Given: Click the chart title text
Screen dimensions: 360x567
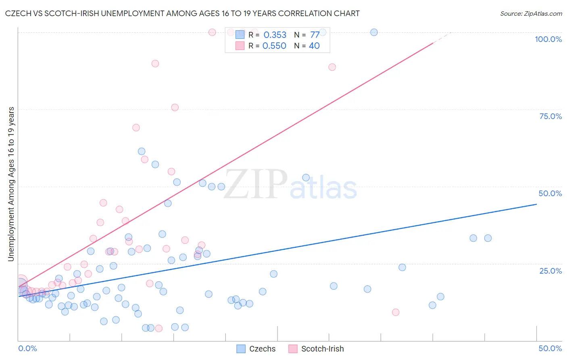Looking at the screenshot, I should click(x=182, y=13).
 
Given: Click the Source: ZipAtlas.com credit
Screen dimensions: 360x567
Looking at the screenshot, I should click(x=531, y=13).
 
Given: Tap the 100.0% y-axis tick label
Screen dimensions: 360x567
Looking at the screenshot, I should click(x=548, y=39).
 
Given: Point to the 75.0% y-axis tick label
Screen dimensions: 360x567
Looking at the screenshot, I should click(x=550, y=116).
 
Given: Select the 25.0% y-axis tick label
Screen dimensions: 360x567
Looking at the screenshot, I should click(x=550, y=270).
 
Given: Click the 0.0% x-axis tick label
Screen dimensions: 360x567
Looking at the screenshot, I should click(x=27, y=348).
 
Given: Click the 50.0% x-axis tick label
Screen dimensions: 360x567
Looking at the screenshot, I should click(x=550, y=348).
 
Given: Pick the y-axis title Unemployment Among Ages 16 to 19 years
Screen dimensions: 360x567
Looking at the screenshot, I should click(x=11, y=184).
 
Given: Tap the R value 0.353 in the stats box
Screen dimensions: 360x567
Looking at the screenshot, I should click(x=275, y=35).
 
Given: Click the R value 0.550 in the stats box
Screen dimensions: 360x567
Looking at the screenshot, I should click(x=274, y=46).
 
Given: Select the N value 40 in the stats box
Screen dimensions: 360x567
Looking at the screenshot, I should click(x=314, y=46).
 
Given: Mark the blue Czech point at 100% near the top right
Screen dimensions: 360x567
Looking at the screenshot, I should click(x=374, y=32).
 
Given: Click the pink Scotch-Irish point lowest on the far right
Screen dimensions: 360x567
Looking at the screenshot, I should click(x=396, y=312).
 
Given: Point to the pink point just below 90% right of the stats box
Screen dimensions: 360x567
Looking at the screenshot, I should click(x=332, y=67).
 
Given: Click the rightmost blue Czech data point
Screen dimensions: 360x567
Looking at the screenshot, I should click(x=488, y=238).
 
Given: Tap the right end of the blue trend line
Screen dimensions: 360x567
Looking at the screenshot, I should click(x=536, y=204).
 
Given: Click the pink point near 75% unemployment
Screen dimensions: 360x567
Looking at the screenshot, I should click(x=175, y=107).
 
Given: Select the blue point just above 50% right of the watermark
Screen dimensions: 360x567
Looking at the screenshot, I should click(x=306, y=178).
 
